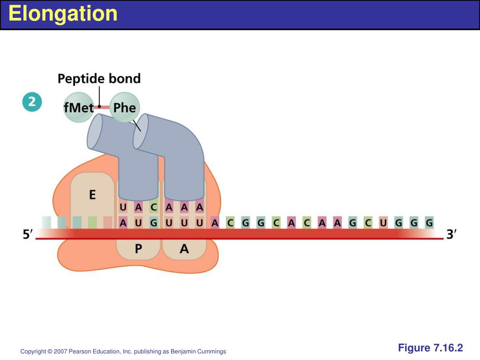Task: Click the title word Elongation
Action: click(63, 14)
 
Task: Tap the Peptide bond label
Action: click(99, 78)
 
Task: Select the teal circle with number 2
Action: click(32, 103)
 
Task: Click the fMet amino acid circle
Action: click(79, 108)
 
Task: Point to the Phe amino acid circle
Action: click(125, 108)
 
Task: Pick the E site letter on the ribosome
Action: click(92, 194)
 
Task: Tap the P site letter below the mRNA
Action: click(138, 249)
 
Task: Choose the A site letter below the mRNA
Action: click(184, 249)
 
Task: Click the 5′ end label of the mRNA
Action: click(29, 234)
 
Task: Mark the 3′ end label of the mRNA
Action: click(451, 234)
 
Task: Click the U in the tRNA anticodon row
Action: click(123, 207)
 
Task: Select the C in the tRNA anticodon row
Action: click(154, 207)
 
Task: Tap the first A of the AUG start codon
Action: click(123, 223)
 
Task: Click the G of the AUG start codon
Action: click(154, 223)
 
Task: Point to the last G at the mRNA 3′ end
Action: click(428, 223)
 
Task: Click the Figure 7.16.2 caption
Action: click(430, 348)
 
